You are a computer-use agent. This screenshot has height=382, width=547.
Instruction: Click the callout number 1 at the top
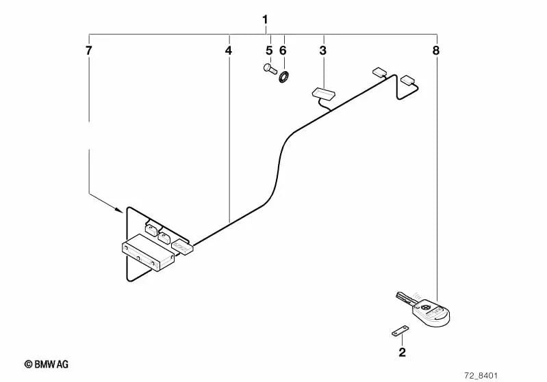click(265, 20)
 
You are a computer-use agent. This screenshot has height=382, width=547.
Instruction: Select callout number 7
click(88, 51)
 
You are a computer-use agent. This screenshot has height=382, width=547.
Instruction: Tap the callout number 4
click(228, 51)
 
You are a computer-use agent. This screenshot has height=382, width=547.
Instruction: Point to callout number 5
click(269, 51)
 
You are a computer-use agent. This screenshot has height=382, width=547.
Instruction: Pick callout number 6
click(283, 51)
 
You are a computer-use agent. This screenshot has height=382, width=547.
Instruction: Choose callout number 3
click(323, 51)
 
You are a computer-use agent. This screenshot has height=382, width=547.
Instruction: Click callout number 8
click(436, 51)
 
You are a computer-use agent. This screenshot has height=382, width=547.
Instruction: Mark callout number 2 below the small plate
click(403, 353)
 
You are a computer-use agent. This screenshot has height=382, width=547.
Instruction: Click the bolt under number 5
click(270, 68)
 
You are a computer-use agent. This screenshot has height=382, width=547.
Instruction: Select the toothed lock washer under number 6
click(284, 77)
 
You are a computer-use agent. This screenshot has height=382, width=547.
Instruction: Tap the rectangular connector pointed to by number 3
click(323, 93)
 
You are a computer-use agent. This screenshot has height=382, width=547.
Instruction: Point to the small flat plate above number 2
click(400, 331)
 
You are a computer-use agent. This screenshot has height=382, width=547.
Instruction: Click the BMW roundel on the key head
click(425, 307)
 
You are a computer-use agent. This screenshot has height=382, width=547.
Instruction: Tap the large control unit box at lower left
click(148, 251)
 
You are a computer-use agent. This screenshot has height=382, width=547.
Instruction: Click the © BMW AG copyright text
click(47, 364)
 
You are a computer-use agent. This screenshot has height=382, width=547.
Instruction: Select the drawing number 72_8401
click(481, 375)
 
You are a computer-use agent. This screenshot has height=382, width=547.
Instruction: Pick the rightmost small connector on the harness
click(407, 80)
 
